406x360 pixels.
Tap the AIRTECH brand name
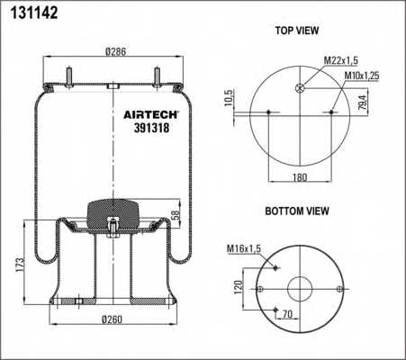click(x=150, y=114)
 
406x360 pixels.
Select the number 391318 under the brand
click(x=145, y=128)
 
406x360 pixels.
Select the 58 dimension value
click(x=176, y=216)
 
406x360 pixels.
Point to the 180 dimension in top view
click(x=301, y=176)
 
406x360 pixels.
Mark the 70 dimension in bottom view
click(x=288, y=315)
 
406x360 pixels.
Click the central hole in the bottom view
click(x=300, y=289)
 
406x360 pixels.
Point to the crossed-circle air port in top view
click(x=301, y=87)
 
